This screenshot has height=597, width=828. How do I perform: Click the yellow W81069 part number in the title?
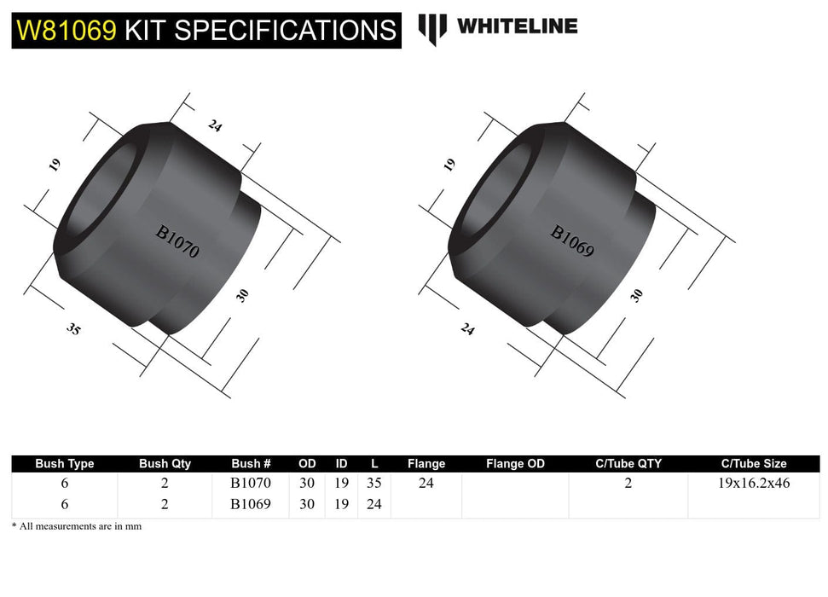(67, 30)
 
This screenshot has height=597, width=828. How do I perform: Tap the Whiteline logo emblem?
(432, 29)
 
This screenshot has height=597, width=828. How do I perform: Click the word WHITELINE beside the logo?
(517, 26)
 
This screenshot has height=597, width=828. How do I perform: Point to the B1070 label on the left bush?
(177, 241)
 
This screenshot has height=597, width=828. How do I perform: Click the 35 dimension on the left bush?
(73, 327)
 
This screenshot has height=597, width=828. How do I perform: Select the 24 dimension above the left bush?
(215, 125)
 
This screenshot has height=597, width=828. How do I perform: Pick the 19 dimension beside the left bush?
(55, 165)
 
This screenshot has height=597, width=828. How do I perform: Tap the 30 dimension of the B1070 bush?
(243, 295)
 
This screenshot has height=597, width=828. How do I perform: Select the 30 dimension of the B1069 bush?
(636, 295)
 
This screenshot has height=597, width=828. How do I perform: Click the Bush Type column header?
(65, 464)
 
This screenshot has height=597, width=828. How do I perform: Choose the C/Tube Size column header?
(753, 464)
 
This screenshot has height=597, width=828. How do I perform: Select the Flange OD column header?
(515, 464)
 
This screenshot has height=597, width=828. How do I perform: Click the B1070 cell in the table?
(251, 484)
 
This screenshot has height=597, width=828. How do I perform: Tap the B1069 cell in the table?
(251, 504)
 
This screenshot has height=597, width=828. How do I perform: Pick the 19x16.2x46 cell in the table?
(753, 484)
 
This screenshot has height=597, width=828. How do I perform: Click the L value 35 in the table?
(374, 484)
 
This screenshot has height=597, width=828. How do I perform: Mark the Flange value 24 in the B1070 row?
(426, 484)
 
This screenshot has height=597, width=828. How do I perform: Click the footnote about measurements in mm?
(77, 527)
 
